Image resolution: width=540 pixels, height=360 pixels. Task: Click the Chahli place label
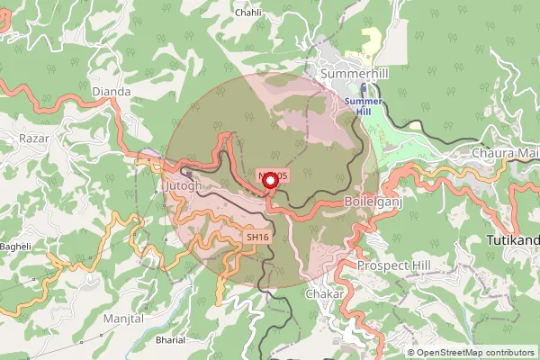(x=247, y=13)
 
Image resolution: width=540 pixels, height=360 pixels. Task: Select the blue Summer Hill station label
(x=363, y=107)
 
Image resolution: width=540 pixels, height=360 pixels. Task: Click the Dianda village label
(x=112, y=92)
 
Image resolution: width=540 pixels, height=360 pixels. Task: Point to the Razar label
(x=34, y=139)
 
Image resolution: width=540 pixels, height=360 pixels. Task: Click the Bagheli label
(x=14, y=246)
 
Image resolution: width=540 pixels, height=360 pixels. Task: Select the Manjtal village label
(x=123, y=319)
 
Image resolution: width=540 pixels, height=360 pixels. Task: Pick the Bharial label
(x=170, y=341)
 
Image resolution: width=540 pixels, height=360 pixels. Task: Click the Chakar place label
(x=325, y=294)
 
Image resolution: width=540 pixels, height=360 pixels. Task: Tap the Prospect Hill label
(x=395, y=265)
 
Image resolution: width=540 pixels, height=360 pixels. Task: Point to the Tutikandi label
(x=512, y=241)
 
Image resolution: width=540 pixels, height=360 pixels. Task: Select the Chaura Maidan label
(x=505, y=154)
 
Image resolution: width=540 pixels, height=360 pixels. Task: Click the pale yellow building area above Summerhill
(x=370, y=40)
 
